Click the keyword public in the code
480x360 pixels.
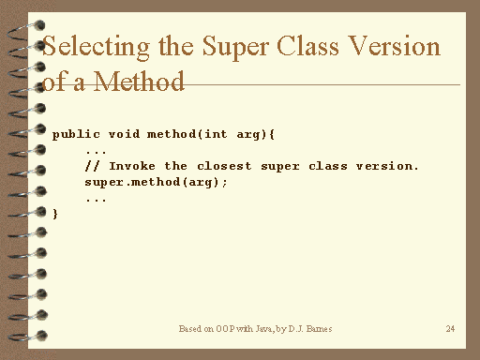[72, 134]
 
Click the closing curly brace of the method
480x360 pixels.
[55, 214]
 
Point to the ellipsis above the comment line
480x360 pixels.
[95, 151]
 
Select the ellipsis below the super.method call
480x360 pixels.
[95, 199]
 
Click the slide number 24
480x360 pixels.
[451, 329]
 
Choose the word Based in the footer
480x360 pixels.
[190, 329]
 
